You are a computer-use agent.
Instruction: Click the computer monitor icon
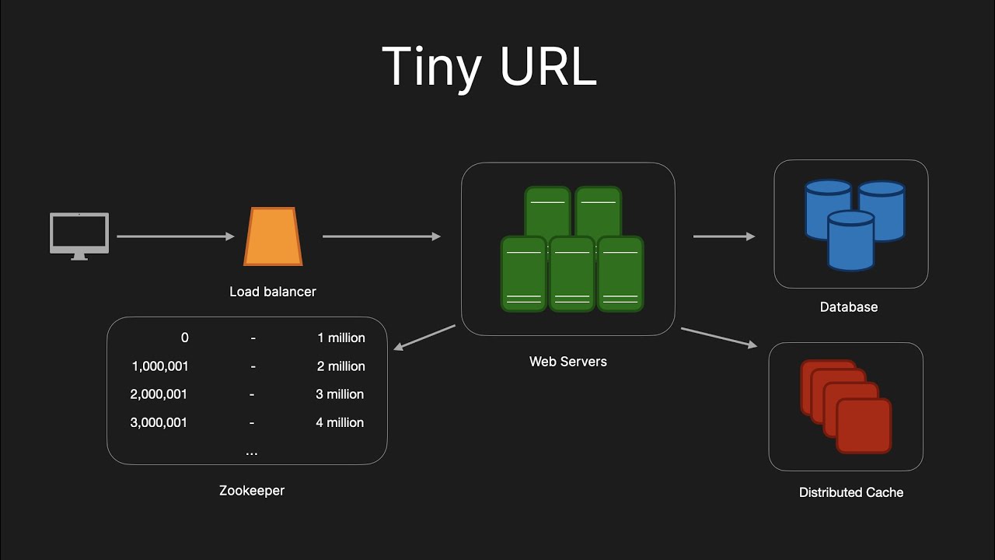click(x=79, y=234)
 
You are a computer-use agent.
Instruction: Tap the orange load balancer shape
click(x=273, y=236)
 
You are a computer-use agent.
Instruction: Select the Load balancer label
click(x=273, y=292)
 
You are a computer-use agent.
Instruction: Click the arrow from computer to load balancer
click(x=175, y=236)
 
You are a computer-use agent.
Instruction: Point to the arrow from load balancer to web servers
click(x=381, y=236)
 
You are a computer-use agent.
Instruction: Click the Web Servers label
click(x=567, y=361)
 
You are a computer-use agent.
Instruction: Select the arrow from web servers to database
click(x=723, y=236)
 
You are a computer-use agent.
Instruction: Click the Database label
click(x=849, y=307)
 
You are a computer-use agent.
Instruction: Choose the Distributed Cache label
click(x=850, y=492)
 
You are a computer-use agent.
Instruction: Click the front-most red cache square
click(x=864, y=425)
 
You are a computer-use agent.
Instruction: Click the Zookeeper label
click(x=252, y=491)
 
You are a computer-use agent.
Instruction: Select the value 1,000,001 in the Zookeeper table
click(x=160, y=366)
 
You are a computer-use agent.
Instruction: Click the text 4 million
click(x=340, y=422)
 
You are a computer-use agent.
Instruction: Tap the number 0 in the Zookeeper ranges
click(x=184, y=338)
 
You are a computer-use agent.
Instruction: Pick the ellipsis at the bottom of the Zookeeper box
click(x=251, y=452)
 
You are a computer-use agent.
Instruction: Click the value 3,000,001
click(x=159, y=422)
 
